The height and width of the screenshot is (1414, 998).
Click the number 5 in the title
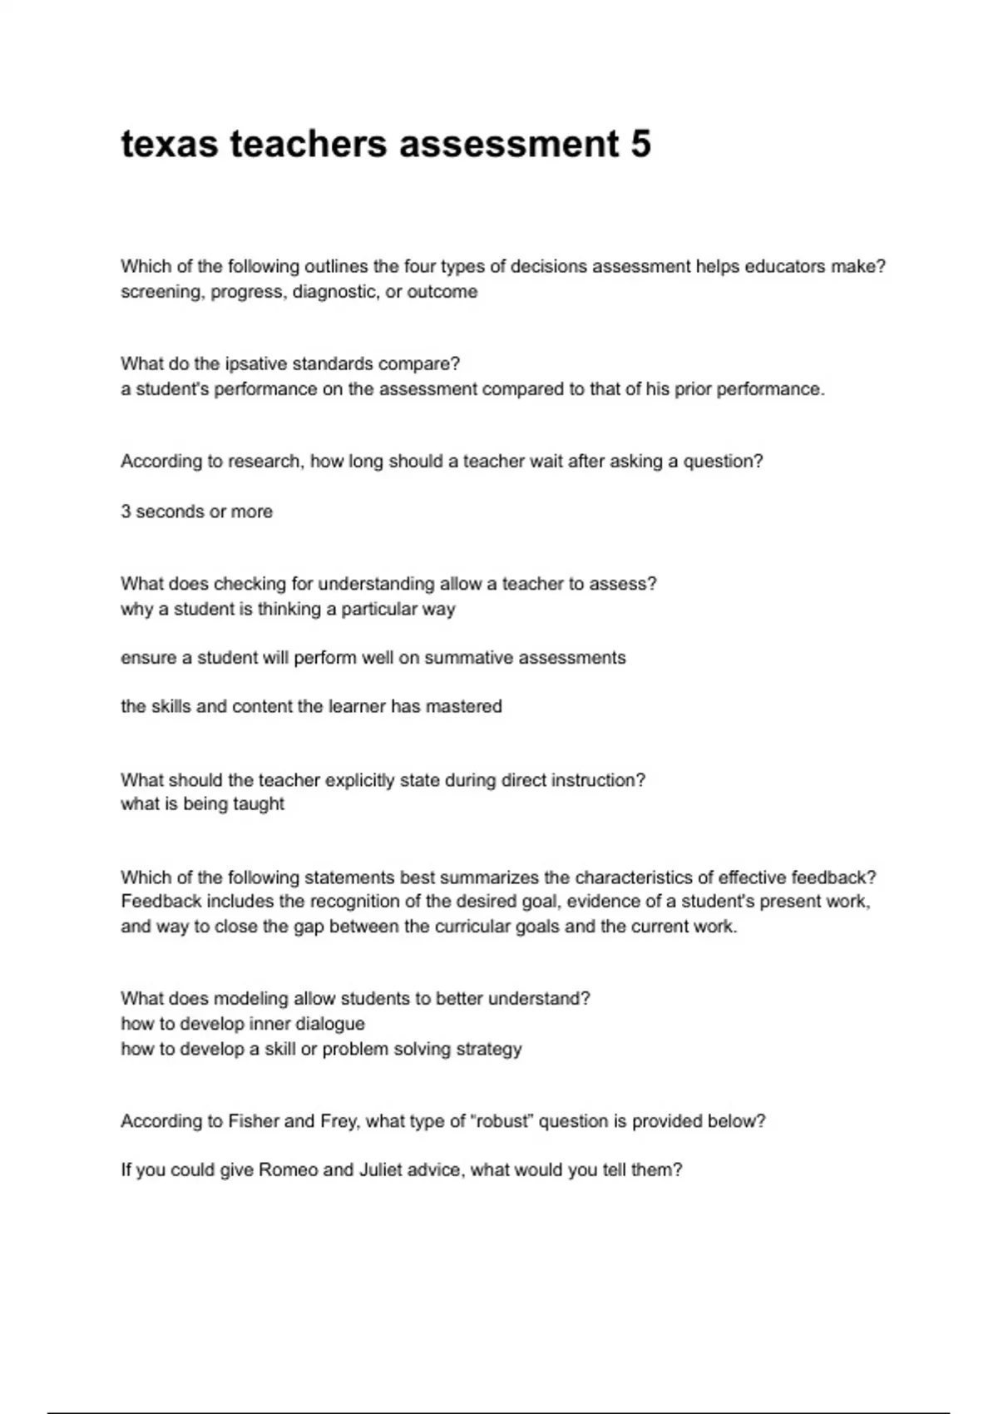tap(640, 144)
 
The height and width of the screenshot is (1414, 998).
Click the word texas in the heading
tap(170, 144)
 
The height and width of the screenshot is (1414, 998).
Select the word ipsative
tap(256, 363)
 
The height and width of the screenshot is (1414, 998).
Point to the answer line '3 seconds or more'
tap(196, 512)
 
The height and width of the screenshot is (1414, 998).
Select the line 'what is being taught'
tap(202, 804)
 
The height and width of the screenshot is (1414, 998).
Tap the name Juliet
tap(385, 1169)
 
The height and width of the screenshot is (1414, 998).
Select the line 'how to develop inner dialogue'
tap(243, 1024)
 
